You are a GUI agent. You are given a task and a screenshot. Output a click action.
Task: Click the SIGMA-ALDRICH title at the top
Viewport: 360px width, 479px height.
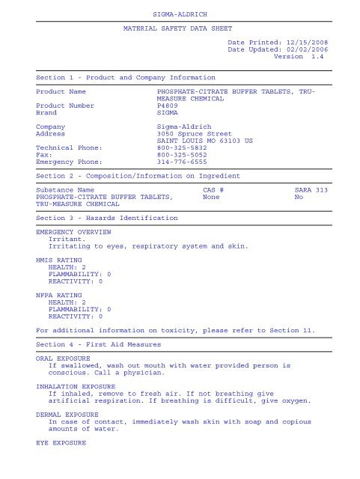point(180,13)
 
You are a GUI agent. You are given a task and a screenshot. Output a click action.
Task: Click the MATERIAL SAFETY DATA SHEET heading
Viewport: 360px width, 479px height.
point(180,31)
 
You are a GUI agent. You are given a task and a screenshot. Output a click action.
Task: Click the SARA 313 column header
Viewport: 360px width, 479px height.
point(311,190)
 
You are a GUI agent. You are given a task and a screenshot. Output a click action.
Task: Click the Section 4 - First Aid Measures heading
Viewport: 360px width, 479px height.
point(97,344)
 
